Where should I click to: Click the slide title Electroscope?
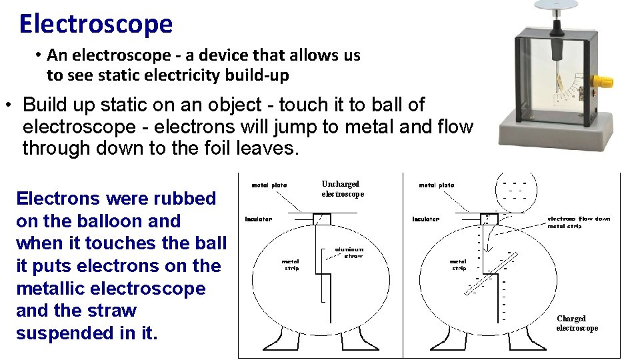pyautogui.click(x=96, y=24)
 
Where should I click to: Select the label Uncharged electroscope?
pyautogui.click(x=343, y=189)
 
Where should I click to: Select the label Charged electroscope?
pyautogui.click(x=577, y=323)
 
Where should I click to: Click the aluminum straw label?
pyautogui.click(x=349, y=253)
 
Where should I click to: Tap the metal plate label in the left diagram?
pyautogui.click(x=269, y=185)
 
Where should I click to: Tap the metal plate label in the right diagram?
pyautogui.click(x=437, y=185)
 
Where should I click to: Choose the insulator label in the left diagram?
pyautogui.click(x=259, y=219)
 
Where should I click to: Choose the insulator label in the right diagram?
pyautogui.click(x=426, y=219)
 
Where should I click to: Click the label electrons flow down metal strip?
pyautogui.click(x=579, y=222)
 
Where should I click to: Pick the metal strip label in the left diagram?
pyautogui.click(x=291, y=265)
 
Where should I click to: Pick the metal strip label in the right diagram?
pyautogui.click(x=459, y=265)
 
